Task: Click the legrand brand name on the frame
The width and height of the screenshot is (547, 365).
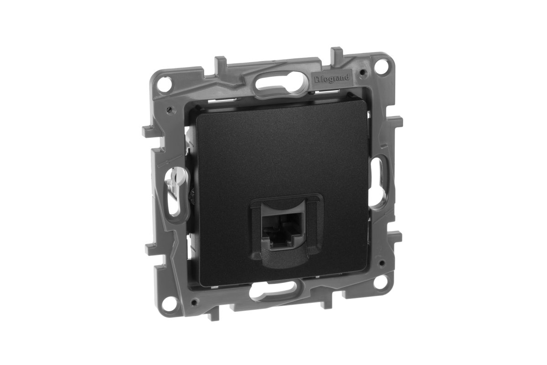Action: click(331, 78)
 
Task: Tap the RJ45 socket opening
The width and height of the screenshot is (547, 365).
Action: click(282, 229)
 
